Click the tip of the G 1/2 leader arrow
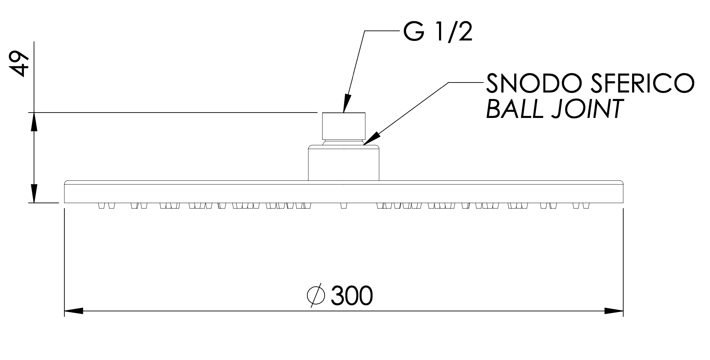pos(344,113)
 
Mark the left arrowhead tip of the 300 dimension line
pos(64,311)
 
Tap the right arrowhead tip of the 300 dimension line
pos(623,311)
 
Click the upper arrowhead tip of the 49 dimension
pos(34,113)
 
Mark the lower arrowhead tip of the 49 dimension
pos(34,203)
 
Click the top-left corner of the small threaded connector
pos(322,113)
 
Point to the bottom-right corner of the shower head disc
pos(623,203)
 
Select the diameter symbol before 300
pos(316,296)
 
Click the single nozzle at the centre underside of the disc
pos(344,206)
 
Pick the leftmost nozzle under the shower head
pos(102,206)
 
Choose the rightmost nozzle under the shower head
pos(585,206)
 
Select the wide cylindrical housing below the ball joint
pos(344,163)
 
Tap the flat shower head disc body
pos(344,192)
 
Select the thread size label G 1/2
pos(438,32)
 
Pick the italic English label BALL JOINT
pos(555,108)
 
